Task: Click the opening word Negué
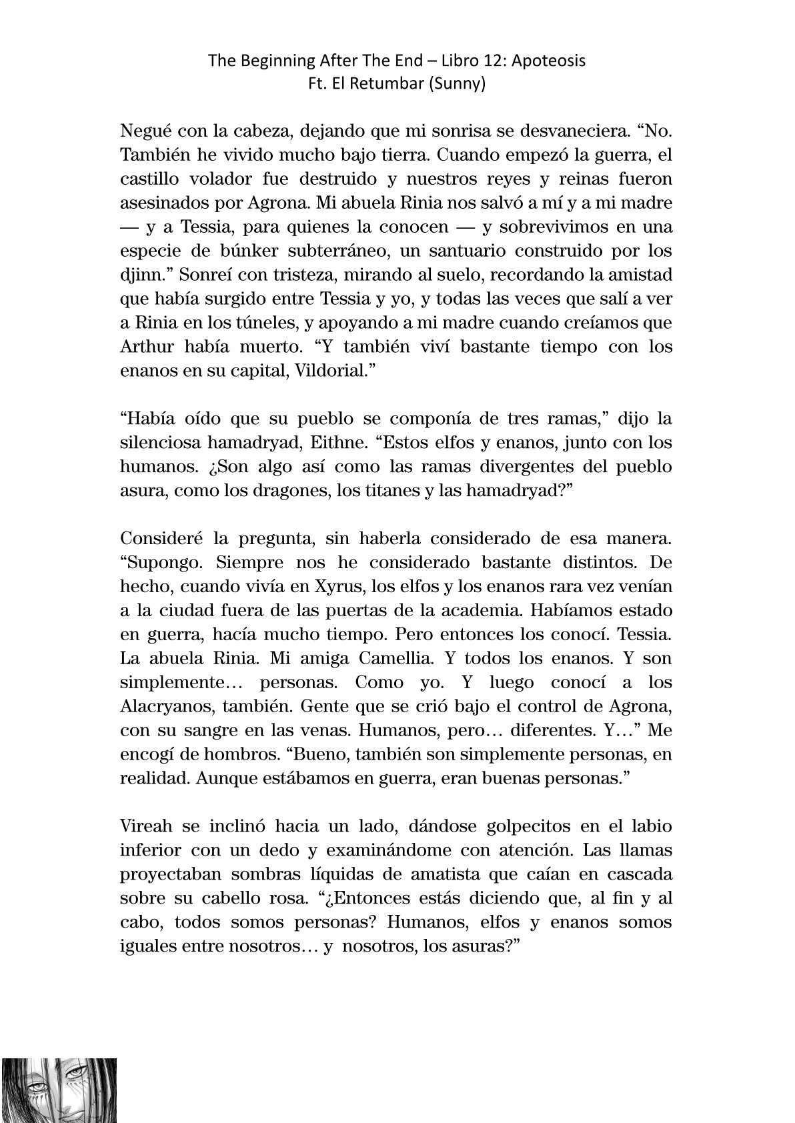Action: click(x=142, y=131)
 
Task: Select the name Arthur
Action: click(x=145, y=347)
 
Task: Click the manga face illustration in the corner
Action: click(x=59, y=1090)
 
